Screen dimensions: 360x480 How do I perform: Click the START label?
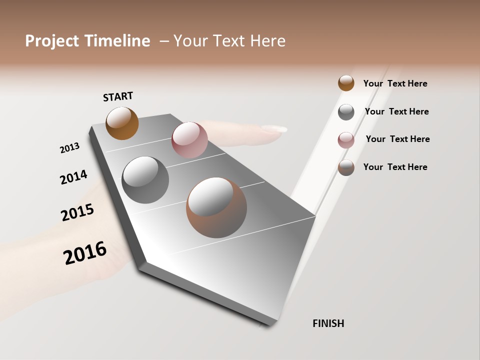(118, 96)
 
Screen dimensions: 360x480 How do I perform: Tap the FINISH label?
(328, 323)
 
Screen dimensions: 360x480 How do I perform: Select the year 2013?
(69, 148)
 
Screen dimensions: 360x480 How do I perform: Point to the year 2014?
(73, 177)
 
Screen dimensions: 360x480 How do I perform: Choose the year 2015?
(77, 212)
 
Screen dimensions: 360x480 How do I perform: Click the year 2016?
(85, 252)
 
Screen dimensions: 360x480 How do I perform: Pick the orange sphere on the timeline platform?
(122, 123)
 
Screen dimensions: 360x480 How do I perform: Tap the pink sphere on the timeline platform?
(189, 139)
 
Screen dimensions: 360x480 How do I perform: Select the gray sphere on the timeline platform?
(145, 180)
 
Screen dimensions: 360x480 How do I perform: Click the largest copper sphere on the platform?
(216, 207)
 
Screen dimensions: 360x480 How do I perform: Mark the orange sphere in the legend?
(346, 83)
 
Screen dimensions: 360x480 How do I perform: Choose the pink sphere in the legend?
(346, 139)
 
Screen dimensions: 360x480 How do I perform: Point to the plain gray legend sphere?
(346, 112)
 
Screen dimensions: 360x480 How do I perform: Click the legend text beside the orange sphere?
(395, 83)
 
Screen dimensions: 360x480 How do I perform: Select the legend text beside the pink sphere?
(397, 139)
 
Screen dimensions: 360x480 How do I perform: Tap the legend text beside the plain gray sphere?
(396, 111)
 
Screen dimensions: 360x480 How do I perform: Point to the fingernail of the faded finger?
(274, 129)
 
